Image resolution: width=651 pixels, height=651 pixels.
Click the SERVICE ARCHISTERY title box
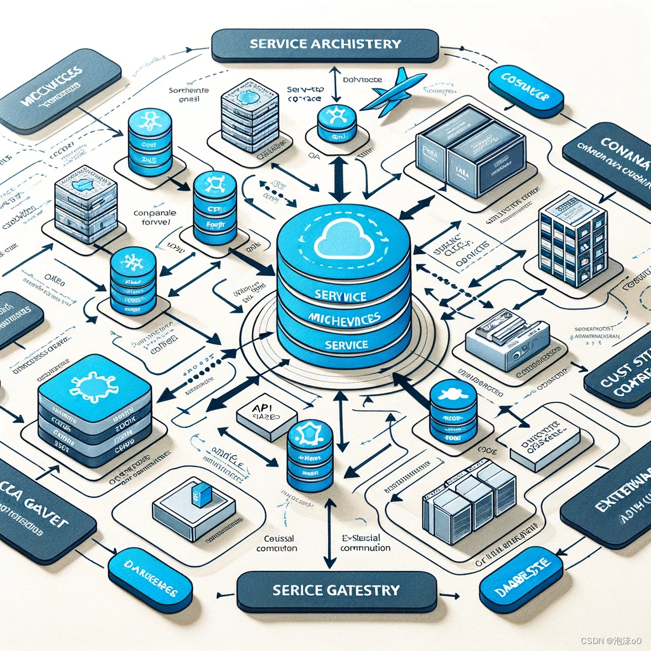[x=325, y=45]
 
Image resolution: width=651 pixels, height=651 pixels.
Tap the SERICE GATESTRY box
[x=336, y=590]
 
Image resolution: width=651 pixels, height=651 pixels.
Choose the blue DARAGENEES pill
[x=150, y=580]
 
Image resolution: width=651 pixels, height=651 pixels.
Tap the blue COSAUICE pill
[x=525, y=93]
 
